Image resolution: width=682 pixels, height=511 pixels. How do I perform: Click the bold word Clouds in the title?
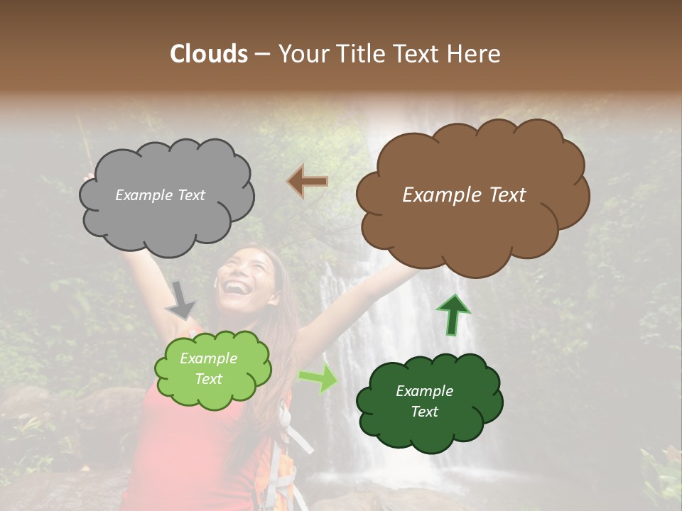pos(208,54)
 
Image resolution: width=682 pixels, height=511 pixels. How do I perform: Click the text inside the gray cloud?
pos(160,195)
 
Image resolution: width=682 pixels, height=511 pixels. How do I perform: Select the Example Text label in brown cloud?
pos(464,195)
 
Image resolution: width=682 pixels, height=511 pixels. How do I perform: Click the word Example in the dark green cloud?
pos(424,391)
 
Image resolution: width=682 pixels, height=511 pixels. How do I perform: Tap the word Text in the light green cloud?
pos(209,379)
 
